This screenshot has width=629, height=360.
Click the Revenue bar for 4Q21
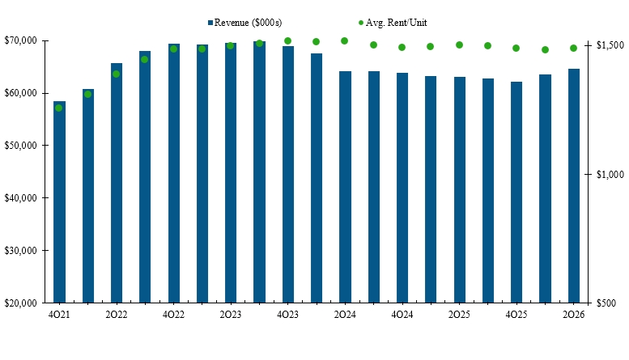click(x=59, y=202)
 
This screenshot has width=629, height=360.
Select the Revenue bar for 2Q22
click(x=117, y=183)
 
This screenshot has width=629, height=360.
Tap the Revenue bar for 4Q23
click(x=288, y=175)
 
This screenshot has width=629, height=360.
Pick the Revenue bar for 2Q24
click(x=345, y=187)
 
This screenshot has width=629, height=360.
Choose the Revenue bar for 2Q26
click(x=574, y=185)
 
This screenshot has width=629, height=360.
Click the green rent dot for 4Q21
click(x=58, y=108)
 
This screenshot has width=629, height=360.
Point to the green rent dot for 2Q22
click(x=116, y=74)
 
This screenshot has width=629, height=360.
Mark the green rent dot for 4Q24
click(x=402, y=47)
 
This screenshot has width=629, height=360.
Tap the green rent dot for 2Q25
click(x=459, y=45)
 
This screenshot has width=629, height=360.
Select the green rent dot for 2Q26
click(x=573, y=48)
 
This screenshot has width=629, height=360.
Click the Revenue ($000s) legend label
click(x=248, y=23)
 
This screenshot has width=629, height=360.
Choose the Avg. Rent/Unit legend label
click(x=397, y=23)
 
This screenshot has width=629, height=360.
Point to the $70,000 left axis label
click(x=20, y=40)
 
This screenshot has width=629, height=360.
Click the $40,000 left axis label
click(x=20, y=198)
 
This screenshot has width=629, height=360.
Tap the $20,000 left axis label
click(x=20, y=303)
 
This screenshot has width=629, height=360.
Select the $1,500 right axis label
click(x=610, y=45)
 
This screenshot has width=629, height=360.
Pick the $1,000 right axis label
click(x=610, y=175)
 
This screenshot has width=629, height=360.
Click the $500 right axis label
click(x=606, y=303)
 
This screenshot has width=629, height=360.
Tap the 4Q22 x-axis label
click(x=173, y=315)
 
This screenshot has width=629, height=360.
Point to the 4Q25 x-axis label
click(x=516, y=315)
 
